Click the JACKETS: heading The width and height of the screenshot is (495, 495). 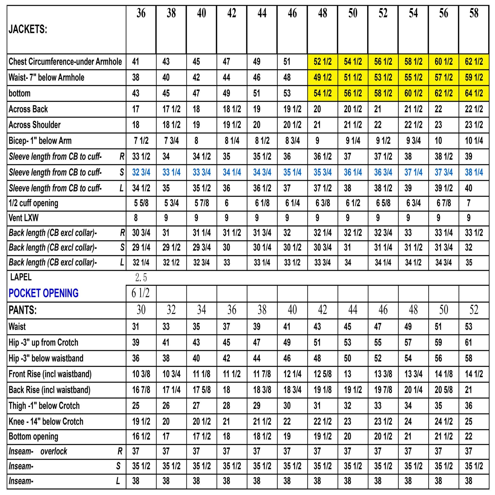[x=28, y=29]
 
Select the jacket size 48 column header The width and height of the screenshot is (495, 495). [x=323, y=13]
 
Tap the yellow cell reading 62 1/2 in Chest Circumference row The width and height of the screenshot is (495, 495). [x=474, y=62]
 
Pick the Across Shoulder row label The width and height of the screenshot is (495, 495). [x=34, y=125]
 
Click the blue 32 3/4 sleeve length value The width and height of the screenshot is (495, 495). [x=141, y=172]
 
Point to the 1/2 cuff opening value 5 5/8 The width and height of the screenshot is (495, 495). [x=141, y=203]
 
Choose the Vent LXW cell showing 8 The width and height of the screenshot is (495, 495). [x=136, y=218]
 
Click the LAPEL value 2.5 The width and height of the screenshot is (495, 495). [x=141, y=278]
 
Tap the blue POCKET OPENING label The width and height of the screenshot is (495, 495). [x=43, y=293]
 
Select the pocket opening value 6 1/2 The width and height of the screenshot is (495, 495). [x=141, y=293]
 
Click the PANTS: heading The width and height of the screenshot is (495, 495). [x=23, y=310]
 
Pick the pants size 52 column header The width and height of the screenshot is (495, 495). [x=474, y=310]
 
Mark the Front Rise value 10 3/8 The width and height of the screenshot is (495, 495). [x=141, y=374]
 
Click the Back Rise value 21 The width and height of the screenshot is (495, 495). [x=469, y=390]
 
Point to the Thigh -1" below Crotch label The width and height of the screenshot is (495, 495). [x=44, y=406]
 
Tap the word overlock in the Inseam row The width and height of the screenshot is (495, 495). [x=54, y=451]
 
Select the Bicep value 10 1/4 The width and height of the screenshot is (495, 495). [x=474, y=141]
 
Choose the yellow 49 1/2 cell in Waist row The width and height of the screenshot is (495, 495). [x=323, y=78]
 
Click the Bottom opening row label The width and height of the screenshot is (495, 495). [x=33, y=436]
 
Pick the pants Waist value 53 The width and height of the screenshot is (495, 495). [x=469, y=327]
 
